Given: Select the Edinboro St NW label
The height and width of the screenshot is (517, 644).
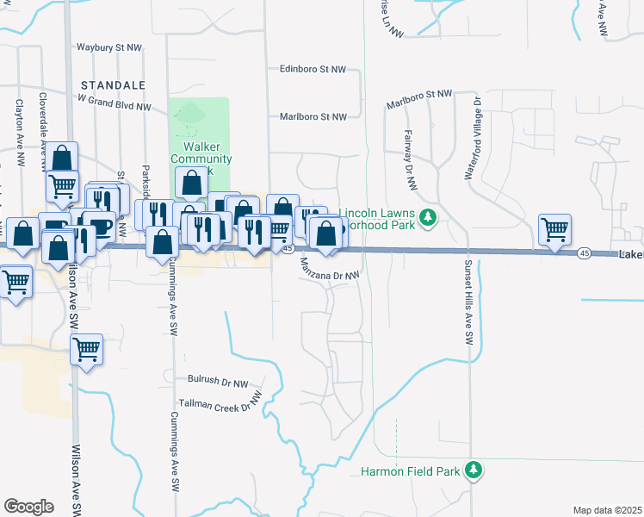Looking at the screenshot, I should (313, 69).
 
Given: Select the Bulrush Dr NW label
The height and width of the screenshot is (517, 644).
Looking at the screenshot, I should (217, 379).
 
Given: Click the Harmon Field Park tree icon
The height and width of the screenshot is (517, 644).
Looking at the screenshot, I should (472, 470).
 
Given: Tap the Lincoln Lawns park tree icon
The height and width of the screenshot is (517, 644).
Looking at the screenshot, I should (427, 219).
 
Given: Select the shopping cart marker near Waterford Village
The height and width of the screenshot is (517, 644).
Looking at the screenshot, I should (555, 230).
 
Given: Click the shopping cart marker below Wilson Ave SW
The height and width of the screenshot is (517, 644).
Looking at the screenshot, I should (87, 349).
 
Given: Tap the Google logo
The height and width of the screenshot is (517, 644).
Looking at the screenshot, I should (28, 507).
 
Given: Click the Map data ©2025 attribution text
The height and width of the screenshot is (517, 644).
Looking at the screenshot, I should (607, 510).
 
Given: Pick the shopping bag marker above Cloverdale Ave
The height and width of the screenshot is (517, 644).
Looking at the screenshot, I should (62, 158).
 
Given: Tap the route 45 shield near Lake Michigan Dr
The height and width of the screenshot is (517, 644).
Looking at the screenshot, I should (584, 253).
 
